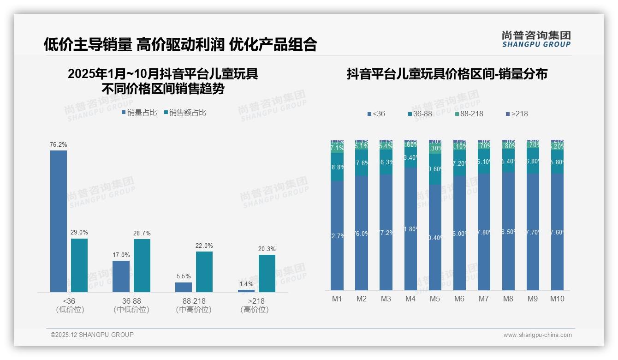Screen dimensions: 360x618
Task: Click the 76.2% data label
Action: (59, 145)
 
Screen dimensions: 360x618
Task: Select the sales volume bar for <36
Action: (59, 222)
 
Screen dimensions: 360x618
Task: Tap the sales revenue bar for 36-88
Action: (142, 265)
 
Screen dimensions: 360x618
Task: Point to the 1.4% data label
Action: (246, 284)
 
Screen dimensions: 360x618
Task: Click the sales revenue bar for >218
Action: (267, 273)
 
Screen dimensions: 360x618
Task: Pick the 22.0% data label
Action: (204, 246)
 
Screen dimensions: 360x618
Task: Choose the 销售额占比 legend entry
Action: (185, 113)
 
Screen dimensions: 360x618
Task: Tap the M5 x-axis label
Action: (435, 299)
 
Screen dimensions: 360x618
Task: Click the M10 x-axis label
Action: (557, 299)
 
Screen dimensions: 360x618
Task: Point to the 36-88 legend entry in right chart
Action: (422, 114)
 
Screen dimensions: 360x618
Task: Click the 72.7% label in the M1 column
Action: (337, 236)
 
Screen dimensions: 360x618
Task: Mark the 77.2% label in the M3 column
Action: (386, 233)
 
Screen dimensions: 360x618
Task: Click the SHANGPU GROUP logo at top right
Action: (536, 39)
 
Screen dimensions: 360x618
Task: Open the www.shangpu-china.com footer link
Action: (537, 335)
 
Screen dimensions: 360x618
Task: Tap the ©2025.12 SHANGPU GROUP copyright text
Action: (92, 335)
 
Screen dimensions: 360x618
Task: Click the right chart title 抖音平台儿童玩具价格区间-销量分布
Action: (447, 74)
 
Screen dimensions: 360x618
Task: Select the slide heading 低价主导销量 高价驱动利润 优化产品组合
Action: (180, 44)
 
